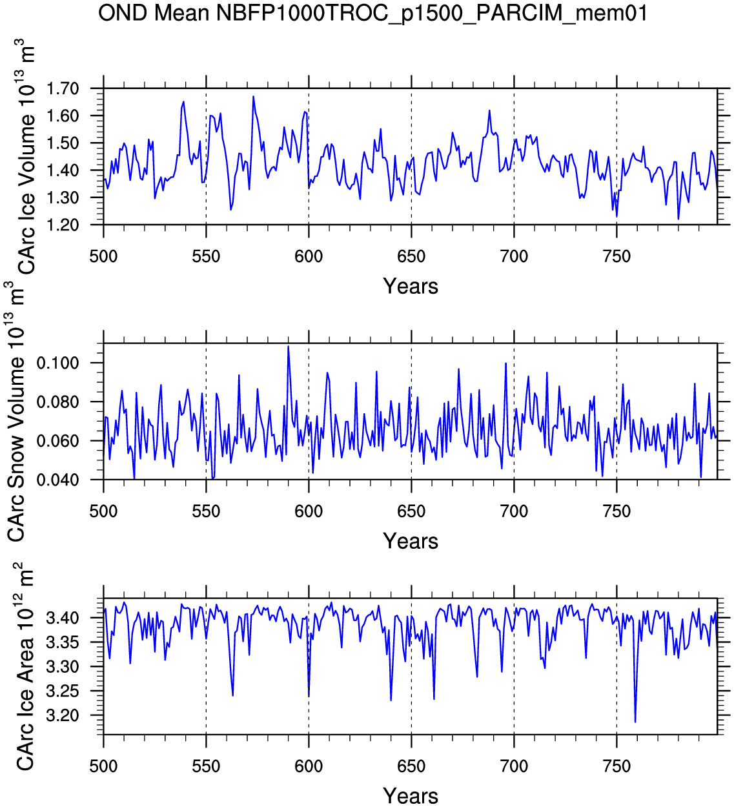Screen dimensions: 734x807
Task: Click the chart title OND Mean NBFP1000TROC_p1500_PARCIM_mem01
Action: (372, 14)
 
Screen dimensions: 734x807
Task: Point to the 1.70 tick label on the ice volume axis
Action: (63, 88)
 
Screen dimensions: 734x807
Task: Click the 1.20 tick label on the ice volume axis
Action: (63, 225)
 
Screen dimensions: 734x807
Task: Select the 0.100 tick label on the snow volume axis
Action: (57, 363)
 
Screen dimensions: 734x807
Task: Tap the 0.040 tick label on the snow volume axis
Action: (57, 480)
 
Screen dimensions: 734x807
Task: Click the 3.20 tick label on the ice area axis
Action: (63, 716)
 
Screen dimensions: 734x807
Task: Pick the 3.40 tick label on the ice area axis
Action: (63, 618)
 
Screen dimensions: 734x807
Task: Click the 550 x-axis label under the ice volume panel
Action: (206, 257)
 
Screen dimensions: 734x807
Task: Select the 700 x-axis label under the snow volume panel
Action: (514, 512)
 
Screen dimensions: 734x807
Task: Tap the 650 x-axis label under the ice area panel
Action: (411, 766)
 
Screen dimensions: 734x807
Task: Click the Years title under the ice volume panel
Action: (411, 287)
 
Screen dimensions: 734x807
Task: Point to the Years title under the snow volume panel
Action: (411, 541)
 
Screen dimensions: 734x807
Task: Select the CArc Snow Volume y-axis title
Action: (15, 411)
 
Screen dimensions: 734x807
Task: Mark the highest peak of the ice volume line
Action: (253, 96)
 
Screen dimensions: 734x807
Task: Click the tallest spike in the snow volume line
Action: (288, 346)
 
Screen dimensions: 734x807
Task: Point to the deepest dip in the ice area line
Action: (635, 722)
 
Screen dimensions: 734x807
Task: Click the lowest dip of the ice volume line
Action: (678, 219)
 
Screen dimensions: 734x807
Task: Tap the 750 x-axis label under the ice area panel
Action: (617, 766)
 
